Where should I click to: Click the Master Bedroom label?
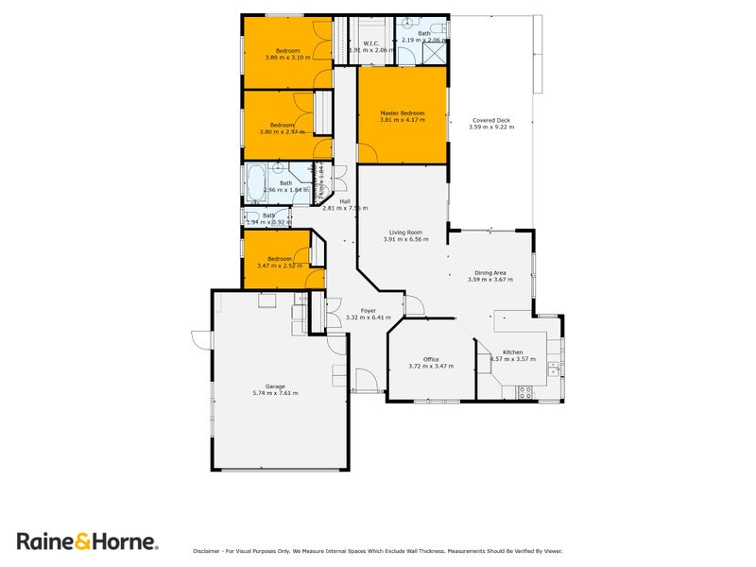pos(403,113)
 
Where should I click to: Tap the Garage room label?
pos(275,386)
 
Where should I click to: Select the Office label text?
pos(431,359)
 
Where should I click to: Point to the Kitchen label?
pos(513,352)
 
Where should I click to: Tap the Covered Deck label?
pos(491,120)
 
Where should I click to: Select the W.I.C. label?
pos(371,43)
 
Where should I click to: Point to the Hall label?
pos(345,201)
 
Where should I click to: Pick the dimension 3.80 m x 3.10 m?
pos(287,57)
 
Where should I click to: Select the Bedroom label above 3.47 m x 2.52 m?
pos(279,259)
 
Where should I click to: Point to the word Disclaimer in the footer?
pos(208,550)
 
